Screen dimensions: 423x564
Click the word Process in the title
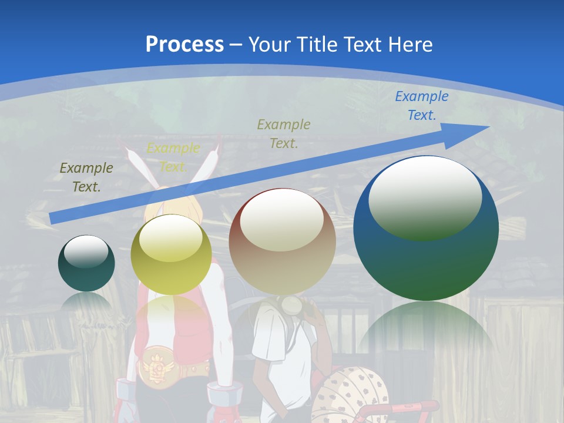(x=184, y=45)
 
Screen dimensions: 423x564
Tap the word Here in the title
(x=409, y=45)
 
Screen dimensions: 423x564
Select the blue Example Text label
(x=421, y=106)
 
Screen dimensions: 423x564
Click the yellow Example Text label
(x=173, y=157)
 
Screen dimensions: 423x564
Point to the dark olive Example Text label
(x=86, y=177)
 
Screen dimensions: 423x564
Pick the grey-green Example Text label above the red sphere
(x=284, y=133)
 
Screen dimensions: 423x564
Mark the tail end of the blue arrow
(x=52, y=219)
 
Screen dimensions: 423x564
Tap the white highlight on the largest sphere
(x=425, y=197)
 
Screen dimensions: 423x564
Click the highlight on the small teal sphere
(x=86, y=251)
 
